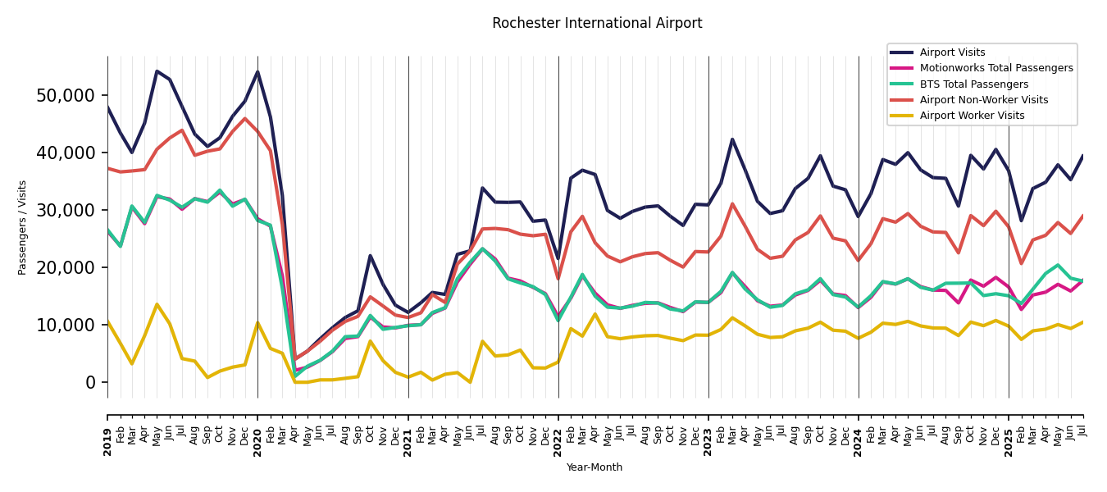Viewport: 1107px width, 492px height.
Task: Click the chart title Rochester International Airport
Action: (597, 24)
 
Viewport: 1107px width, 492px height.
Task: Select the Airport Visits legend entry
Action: (952, 52)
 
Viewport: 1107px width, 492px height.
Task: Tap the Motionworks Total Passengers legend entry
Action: (995, 68)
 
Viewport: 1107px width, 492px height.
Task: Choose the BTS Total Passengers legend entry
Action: (973, 84)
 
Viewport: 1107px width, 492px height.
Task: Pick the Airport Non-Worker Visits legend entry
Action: (983, 100)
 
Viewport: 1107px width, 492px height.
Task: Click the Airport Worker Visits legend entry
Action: (972, 116)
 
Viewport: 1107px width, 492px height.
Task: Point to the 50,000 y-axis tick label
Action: (66, 95)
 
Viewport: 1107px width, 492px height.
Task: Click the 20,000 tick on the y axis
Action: (66, 267)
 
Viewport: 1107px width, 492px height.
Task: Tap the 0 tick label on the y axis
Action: (90, 382)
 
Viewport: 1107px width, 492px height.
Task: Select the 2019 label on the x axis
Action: (107, 430)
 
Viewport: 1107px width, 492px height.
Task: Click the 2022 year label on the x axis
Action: (558, 430)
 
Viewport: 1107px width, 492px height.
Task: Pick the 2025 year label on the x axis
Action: (1009, 430)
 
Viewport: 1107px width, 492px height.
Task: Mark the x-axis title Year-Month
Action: (594, 467)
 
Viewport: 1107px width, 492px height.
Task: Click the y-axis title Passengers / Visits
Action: (23, 227)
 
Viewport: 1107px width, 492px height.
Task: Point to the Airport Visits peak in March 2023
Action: (732, 139)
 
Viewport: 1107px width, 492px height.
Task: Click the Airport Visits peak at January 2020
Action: (257, 71)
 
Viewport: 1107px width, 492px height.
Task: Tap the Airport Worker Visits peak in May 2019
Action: (157, 304)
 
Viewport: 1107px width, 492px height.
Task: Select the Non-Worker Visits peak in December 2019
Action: (244, 118)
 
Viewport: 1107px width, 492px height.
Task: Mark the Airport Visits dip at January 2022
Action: (558, 259)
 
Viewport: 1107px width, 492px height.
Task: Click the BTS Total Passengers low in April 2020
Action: (295, 376)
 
